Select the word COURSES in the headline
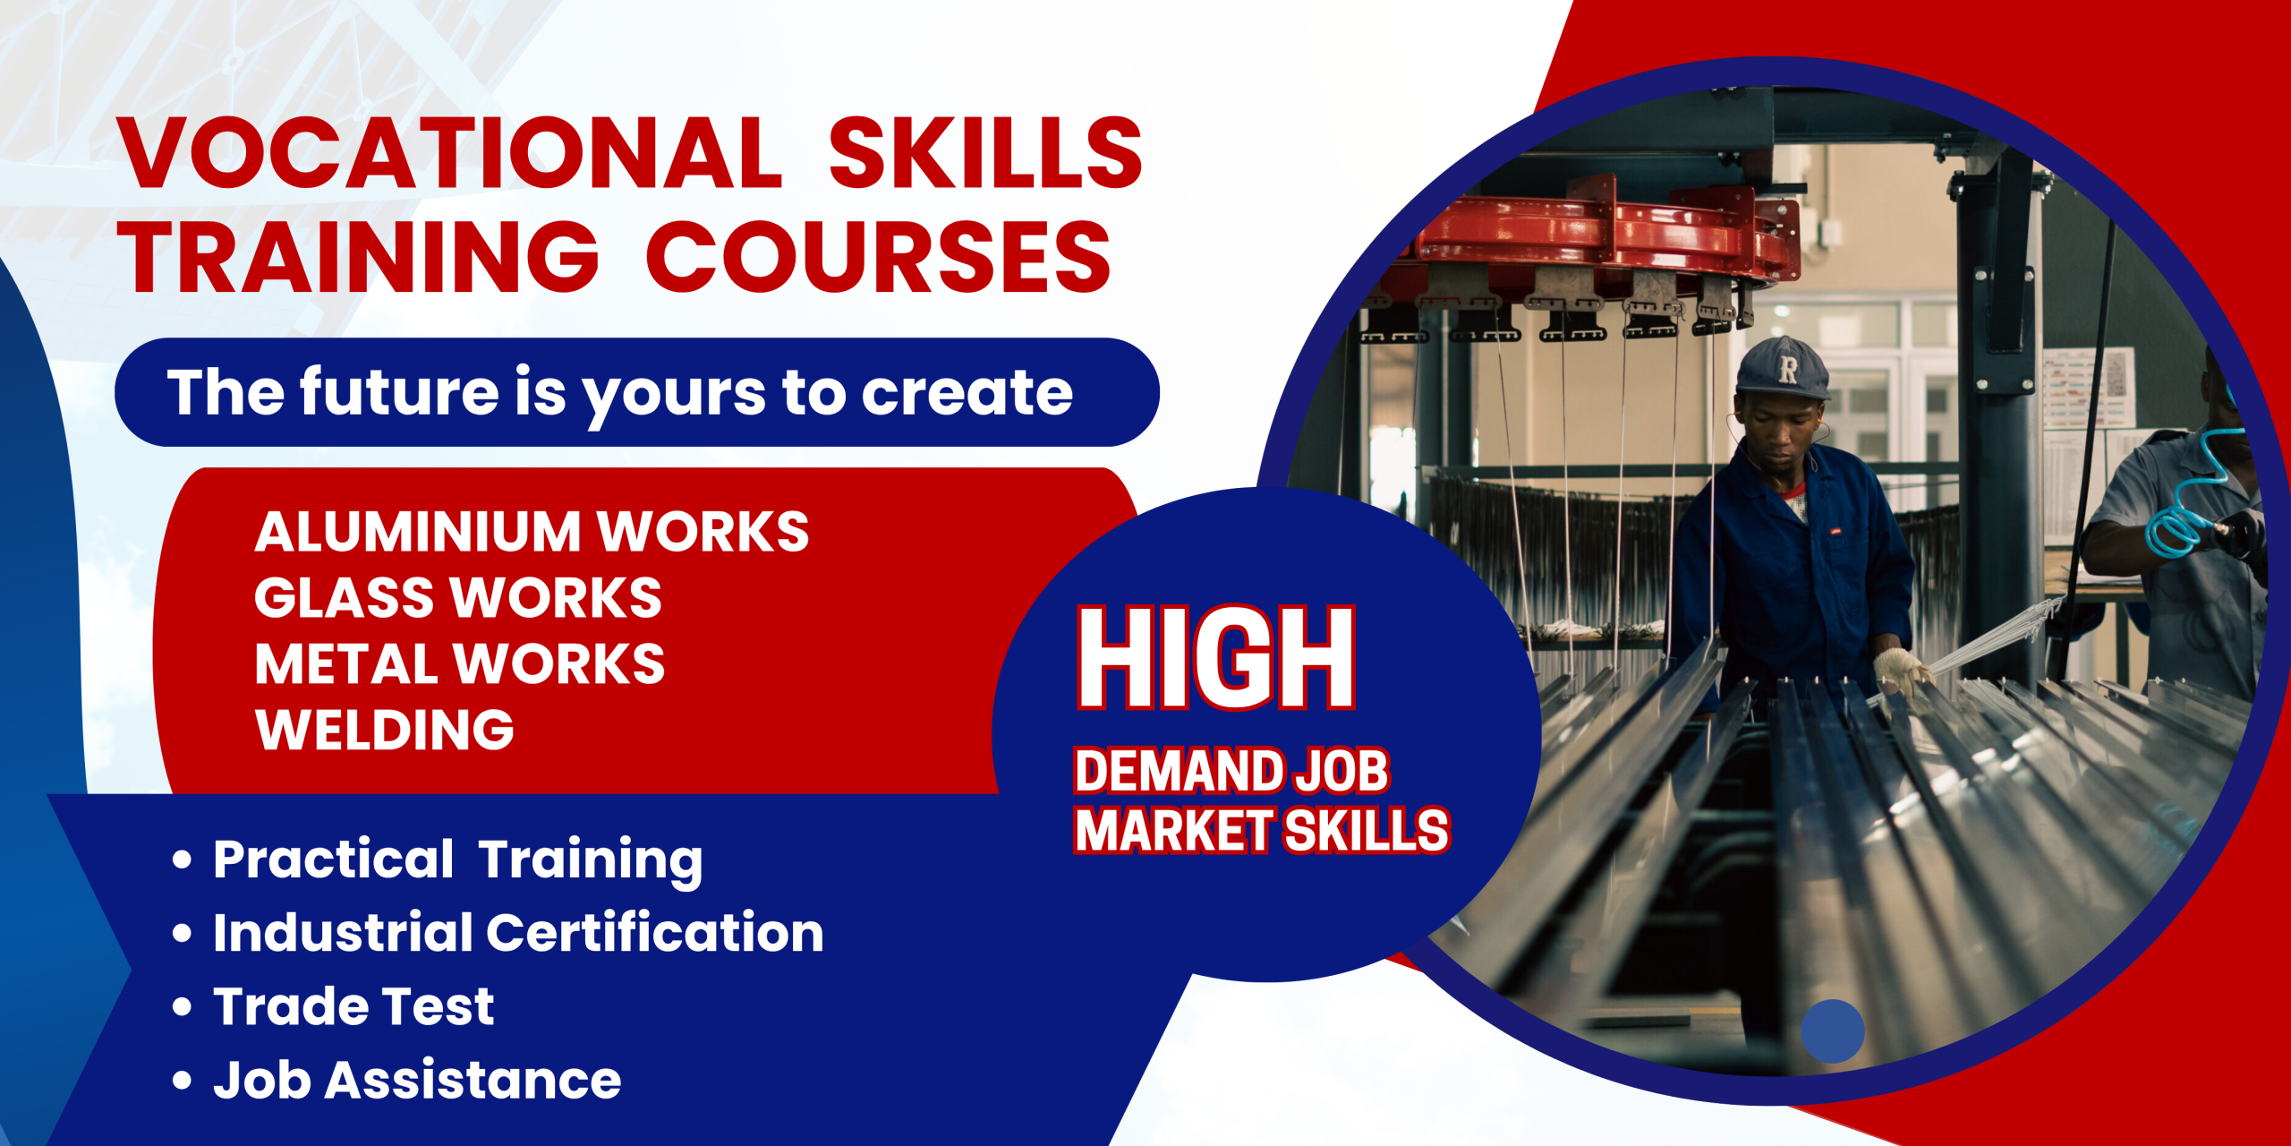click(879, 257)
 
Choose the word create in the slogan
click(967, 394)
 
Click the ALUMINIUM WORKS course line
click(532, 532)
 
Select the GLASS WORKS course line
click(458, 597)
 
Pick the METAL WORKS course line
click(460, 663)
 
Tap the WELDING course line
click(385, 730)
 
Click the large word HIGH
click(1217, 658)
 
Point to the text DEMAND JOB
click(1231, 771)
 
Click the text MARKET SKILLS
click(1262, 830)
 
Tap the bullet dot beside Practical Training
click(182, 859)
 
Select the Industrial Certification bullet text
click(518, 933)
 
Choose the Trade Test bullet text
click(353, 1006)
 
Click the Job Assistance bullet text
click(417, 1080)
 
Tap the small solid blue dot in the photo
click(1833, 1031)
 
